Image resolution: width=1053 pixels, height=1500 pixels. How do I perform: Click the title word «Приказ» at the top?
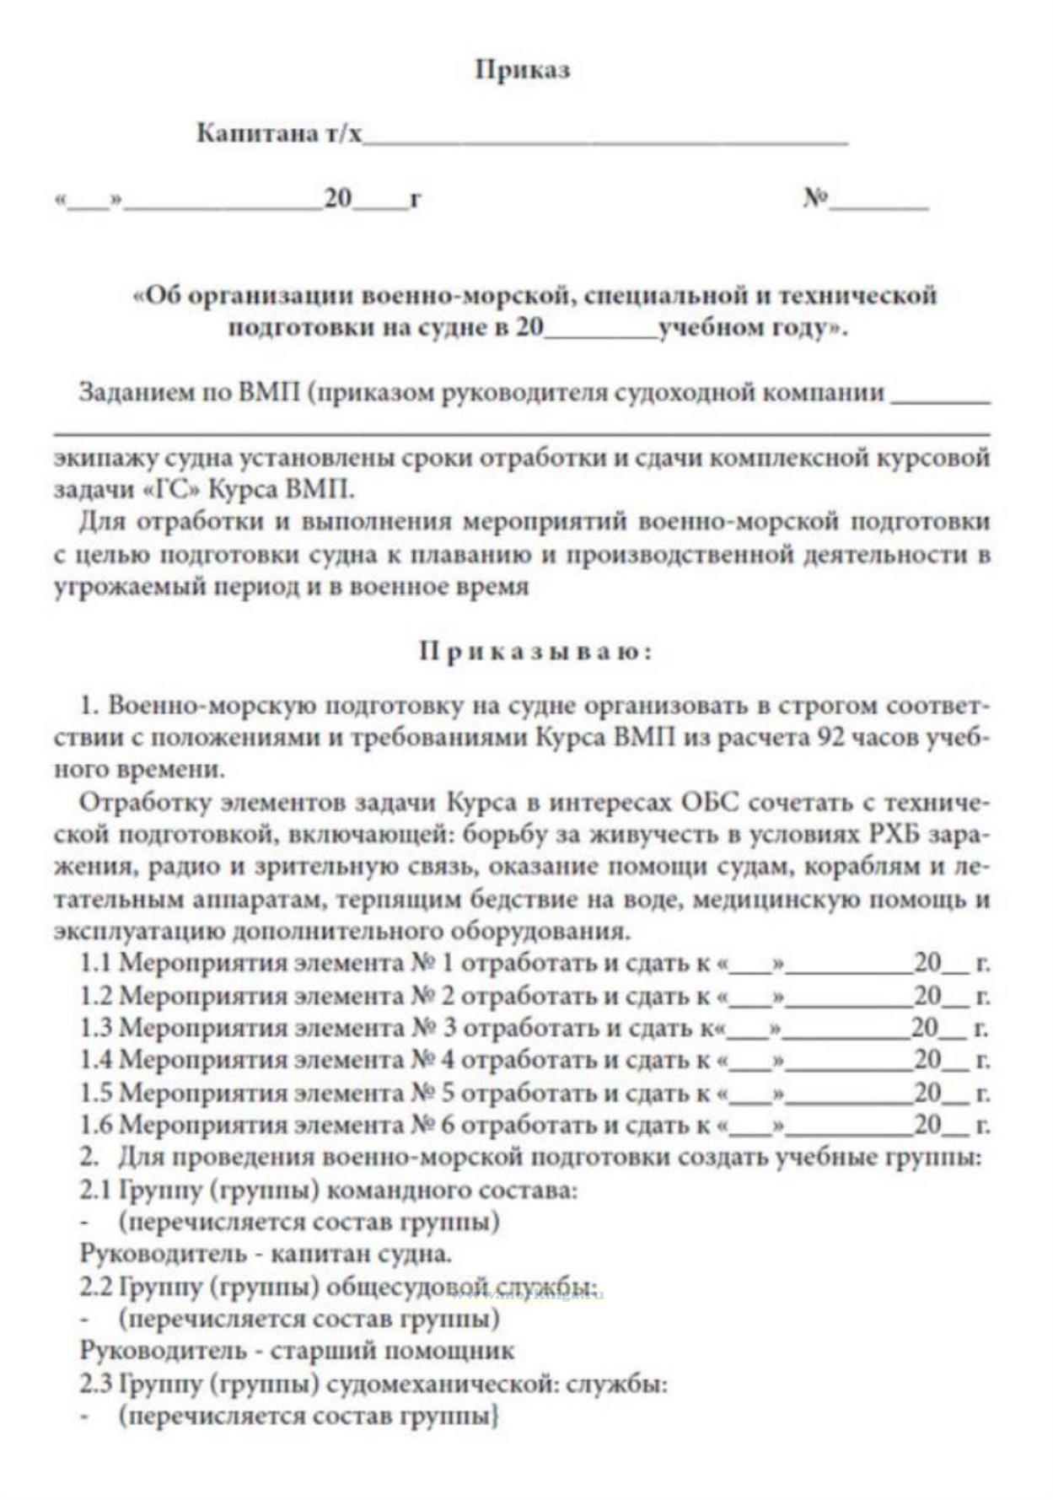pos(522,69)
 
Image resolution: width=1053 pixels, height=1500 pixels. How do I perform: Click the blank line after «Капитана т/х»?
pos(604,142)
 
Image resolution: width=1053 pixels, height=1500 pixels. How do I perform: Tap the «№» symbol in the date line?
pos(815,199)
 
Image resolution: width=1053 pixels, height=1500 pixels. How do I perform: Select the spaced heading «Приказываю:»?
pos(535,652)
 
